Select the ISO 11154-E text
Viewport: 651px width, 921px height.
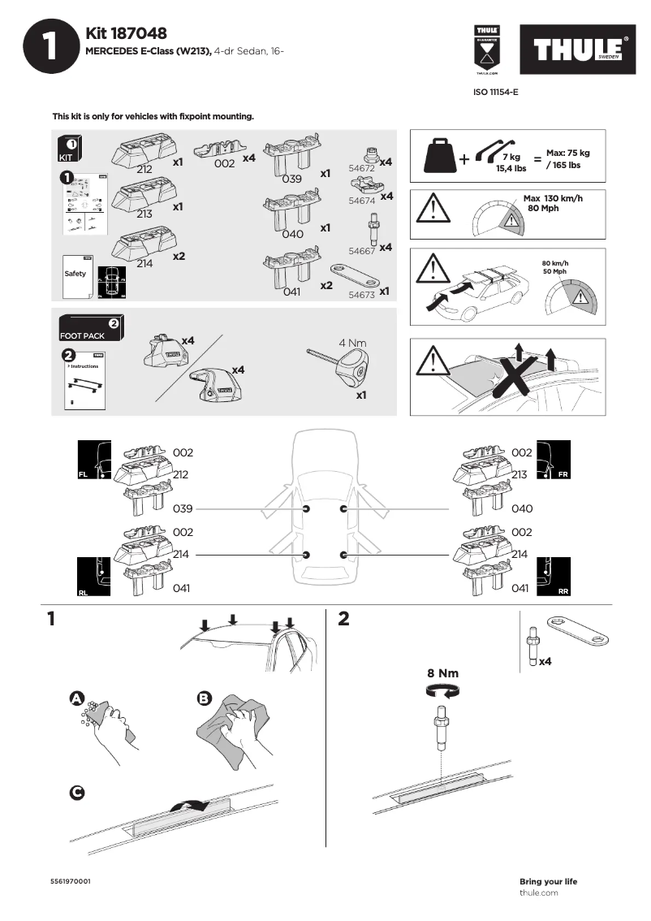[495, 93]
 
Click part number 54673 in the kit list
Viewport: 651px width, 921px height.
[361, 295]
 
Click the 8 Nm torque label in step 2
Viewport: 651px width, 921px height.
[443, 673]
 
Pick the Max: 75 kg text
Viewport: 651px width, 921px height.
[567, 153]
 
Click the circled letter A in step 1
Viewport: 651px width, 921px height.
[76, 698]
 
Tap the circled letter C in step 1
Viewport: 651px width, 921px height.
[77, 793]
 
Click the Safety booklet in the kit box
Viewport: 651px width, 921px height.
[77, 277]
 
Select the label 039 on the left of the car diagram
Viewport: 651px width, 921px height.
[183, 508]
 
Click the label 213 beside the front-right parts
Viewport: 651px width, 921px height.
[520, 474]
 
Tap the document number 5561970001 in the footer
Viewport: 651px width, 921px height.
[71, 881]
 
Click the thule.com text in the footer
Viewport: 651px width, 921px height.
[538, 893]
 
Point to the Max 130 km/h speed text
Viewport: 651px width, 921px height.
[553, 198]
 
